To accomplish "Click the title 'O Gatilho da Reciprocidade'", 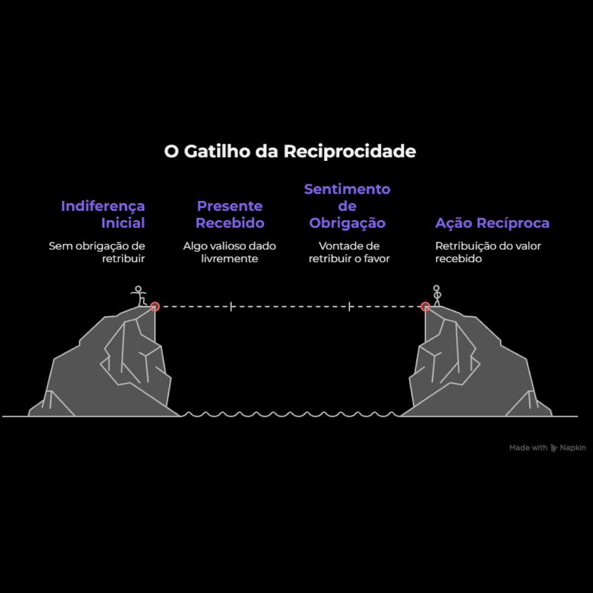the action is point(290,152).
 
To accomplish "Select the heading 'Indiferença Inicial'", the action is point(103,215).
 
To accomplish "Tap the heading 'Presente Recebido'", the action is point(230,215).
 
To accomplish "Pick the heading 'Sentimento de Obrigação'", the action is point(347,206).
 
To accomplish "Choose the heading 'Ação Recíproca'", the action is point(492,223).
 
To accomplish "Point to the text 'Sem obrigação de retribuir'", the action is point(97,252).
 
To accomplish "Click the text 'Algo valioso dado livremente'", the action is point(230,252).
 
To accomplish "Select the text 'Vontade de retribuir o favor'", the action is point(349,252).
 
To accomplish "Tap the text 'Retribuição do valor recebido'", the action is point(488,252).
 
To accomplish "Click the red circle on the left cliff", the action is point(155,306).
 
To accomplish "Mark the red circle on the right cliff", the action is point(426,306).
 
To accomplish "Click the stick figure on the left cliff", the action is point(139,296).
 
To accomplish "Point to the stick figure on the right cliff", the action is point(437,295).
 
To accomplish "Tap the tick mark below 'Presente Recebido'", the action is point(231,306).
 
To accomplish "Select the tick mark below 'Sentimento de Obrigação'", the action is point(349,306).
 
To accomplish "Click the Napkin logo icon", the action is point(553,448).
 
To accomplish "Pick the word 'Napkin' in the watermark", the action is point(573,448).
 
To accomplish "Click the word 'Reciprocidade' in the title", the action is point(350,152).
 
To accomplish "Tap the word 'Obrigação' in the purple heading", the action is point(347,223).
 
